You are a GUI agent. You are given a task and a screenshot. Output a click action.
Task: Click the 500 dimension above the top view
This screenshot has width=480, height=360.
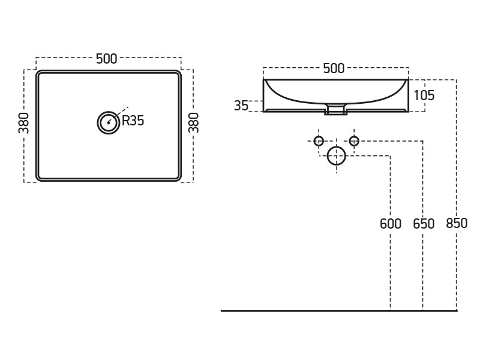(107, 59)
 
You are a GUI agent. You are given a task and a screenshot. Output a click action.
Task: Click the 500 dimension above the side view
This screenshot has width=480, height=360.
(334, 68)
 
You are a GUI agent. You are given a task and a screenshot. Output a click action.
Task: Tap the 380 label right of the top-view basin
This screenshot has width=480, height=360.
(194, 122)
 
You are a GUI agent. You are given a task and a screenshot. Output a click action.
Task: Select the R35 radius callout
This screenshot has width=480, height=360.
(133, 121)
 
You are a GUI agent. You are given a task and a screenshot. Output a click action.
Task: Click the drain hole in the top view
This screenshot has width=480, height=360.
(109, 122)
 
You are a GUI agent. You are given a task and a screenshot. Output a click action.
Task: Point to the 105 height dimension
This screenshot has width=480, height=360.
(424, 95)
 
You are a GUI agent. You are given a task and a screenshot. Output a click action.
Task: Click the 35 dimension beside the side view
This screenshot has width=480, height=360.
(241, 106)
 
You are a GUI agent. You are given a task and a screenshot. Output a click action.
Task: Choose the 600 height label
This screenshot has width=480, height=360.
(391, 224)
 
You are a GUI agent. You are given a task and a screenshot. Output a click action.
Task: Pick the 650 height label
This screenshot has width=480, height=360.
(424, 224)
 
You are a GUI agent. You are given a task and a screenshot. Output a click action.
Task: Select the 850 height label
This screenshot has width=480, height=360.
(457, 224)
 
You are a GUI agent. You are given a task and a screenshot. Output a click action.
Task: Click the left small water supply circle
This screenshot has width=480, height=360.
(319, 141)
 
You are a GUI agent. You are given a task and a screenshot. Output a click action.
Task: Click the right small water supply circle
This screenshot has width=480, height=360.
(354, 141)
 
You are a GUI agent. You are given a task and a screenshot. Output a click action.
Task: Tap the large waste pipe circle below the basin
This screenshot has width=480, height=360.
(337, 156)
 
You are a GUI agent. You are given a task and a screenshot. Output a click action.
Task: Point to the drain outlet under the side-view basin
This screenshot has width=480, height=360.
(336, 110)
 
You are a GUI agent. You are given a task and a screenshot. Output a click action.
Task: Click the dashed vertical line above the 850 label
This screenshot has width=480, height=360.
(457, 150)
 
